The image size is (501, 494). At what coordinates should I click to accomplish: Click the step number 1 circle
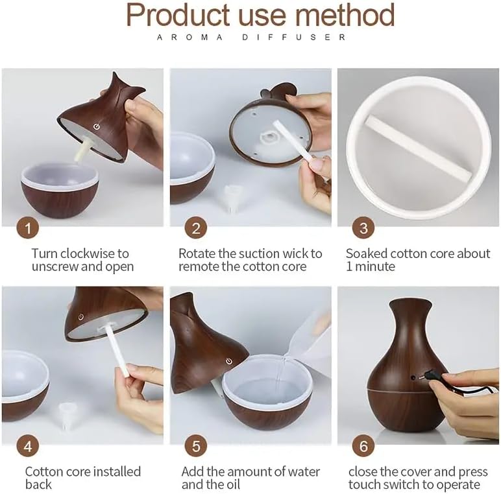click(28, 228)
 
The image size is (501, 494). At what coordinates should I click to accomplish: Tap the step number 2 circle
click(196, 228)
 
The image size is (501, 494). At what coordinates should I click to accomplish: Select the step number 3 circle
click(363, 228)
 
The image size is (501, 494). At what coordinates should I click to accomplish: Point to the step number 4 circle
click(28, 446)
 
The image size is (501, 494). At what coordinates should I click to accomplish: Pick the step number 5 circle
click(196, 446)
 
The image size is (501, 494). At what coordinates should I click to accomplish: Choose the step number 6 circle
click(363, 446)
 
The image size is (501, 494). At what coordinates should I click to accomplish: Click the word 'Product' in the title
click(178, 14)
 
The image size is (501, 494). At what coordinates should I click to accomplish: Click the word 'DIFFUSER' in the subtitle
click(293, 38)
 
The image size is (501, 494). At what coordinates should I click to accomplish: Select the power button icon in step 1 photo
click(96, 126)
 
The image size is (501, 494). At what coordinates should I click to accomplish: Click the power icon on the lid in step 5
click(228, 361)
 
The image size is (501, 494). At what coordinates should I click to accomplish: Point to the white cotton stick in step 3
click(418, 147)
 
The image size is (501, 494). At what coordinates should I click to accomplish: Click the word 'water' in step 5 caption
click(303, 472)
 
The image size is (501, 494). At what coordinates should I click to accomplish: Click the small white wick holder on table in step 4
click(66, 416)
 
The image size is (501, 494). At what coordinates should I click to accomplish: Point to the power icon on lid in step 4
click(81, 316)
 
